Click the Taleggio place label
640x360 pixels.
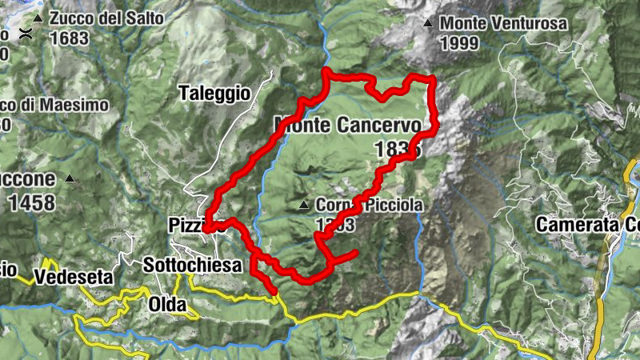pyautogui.click(x=215, y=93)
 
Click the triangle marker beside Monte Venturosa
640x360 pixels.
pyautogui.click(x=430, y=23)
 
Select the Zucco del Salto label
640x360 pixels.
pyautogui.click(x=106, y=18)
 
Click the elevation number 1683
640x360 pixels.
pyautogui.click(x=69, y=37)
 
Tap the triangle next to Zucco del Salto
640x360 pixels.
pyautogui.click(x=38, y=18)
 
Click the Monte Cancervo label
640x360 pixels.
pyautogui.click(x=347, y=126)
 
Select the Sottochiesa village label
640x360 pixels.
pyautogui.click(x=192, y=265)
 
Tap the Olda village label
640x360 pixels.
pyautogui.click(x=167, y=304)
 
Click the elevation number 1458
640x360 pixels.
pyautogui.click(x=32, y=202)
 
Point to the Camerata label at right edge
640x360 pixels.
pyautogui.click(x=587, y=225)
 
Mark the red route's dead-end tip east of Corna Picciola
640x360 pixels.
pyautogui.click(x=354, y=254)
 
